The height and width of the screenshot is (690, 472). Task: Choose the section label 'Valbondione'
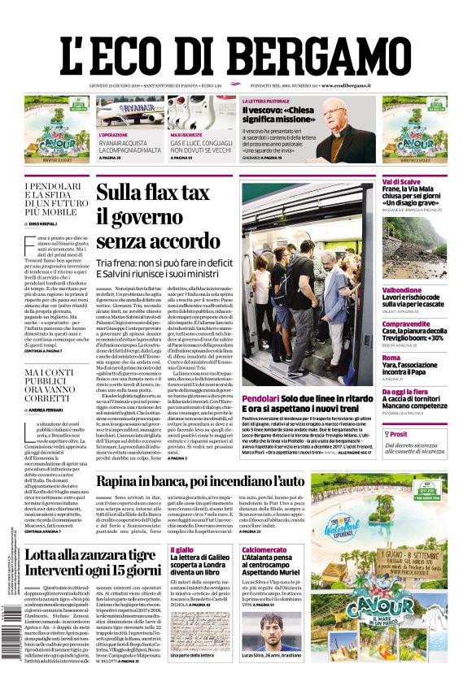click(402, 289)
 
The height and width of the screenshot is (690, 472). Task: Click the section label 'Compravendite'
click(407, 323)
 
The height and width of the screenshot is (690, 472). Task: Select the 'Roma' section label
click(391, 358)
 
